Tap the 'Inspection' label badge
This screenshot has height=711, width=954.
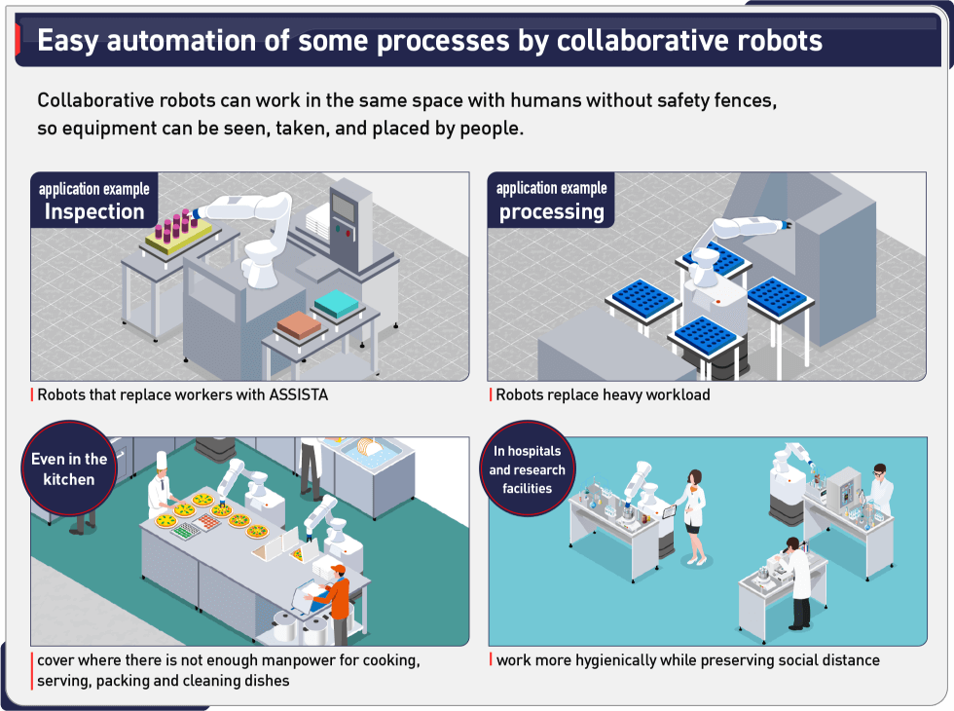coord(93,202)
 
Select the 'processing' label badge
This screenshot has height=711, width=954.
coord(551,202)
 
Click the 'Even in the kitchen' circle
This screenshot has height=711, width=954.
coord(69,469)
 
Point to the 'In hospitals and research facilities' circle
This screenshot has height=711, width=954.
coord(527,469)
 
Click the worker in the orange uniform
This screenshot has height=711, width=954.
coord(337,599)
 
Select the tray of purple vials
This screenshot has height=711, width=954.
coord(180,229)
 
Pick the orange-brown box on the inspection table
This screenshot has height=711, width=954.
coord(301,323)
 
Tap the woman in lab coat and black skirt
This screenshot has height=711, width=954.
coord(695,511)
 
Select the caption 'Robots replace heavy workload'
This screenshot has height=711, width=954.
coord(603,395)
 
